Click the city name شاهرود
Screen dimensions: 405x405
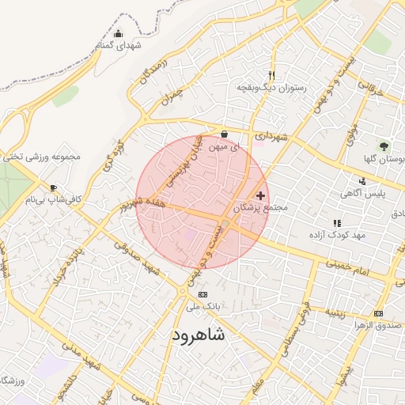[x=198, y=335]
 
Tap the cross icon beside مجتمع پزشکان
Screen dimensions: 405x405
[x=261, y=195]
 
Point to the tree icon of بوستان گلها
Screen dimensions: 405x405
[x=384, y=146]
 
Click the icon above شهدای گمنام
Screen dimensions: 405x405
[x=119, y=33]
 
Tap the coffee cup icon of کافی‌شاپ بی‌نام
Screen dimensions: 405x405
[x=53, y=187]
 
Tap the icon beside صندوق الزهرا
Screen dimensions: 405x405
[x=378, y=313]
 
